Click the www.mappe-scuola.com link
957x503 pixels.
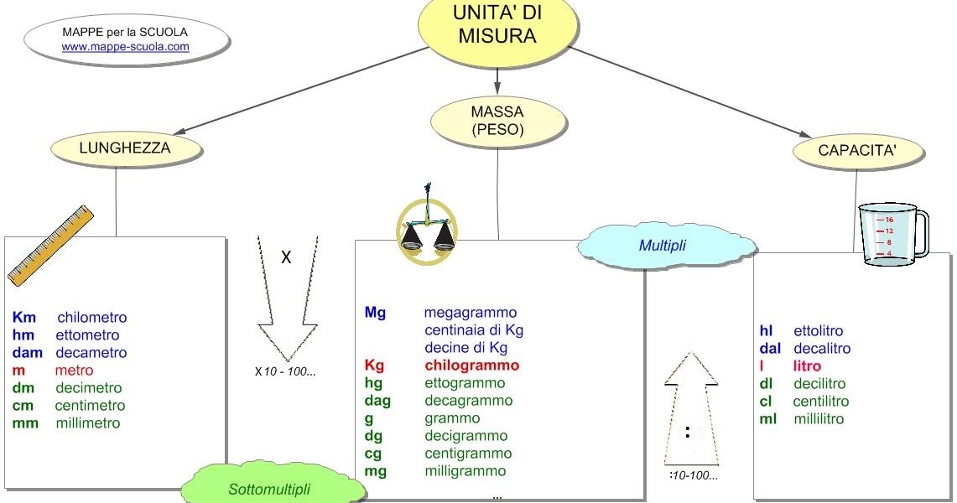126,47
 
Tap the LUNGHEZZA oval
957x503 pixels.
125,148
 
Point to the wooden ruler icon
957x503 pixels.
50,244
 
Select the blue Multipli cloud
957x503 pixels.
662,246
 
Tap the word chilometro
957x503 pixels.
92,318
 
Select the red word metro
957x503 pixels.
74,371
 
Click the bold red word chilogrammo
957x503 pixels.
471,366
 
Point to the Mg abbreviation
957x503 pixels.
375,313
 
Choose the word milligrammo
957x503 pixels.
465,471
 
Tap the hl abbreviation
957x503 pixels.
766,331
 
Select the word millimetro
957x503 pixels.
88,423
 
